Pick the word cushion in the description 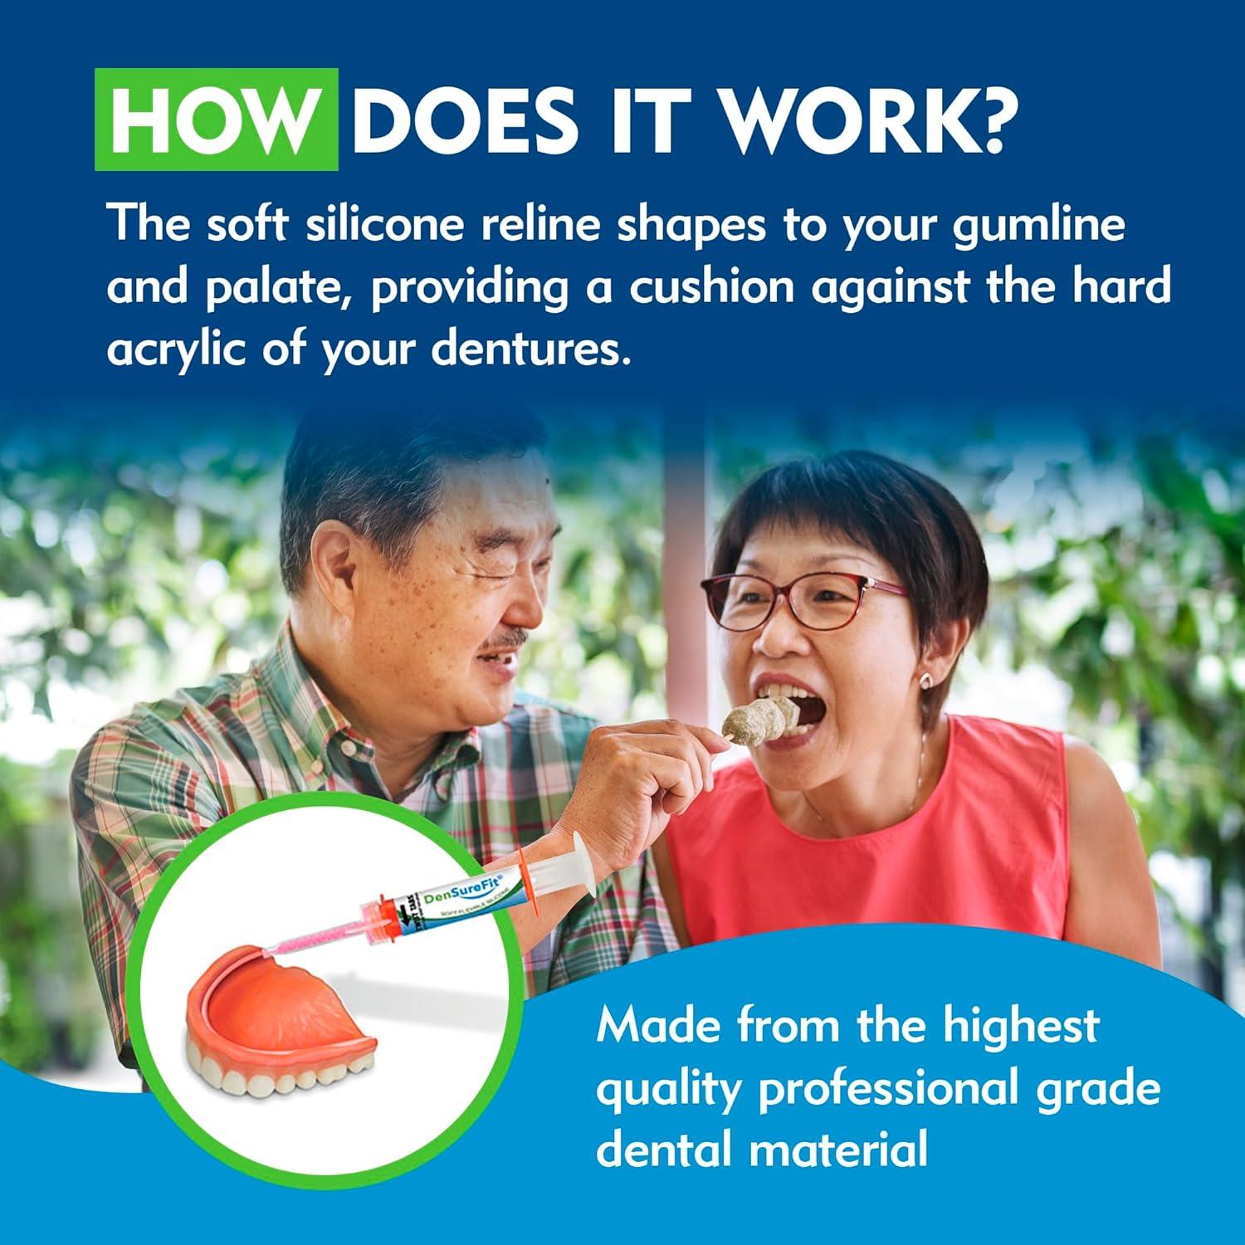(710, 286)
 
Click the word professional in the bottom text (886, 1089)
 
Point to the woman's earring (924, 681)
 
